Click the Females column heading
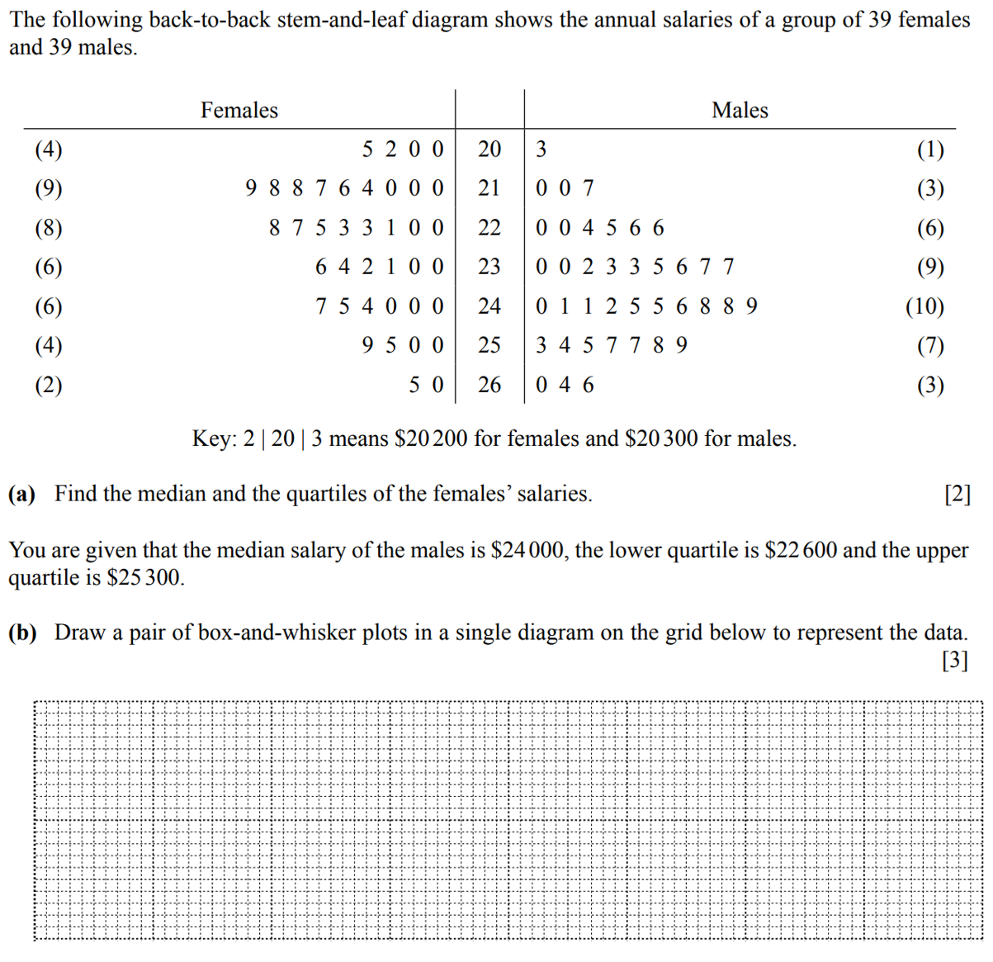[239, 111]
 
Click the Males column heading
[740, 111]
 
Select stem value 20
[489, 149]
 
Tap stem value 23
[489, 267]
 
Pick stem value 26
[489, 385]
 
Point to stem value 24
[489, 306]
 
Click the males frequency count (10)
[924, 306]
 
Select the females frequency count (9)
[49, 189]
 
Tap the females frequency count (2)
[49, 385]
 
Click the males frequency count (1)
[930, 149]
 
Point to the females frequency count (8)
[49, 228]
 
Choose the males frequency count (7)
[930, 345]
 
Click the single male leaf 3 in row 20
[541, 149]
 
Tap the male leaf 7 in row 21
[589, 189]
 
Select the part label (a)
[22, 494]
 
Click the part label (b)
[22, 633]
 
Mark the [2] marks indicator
[957, 494]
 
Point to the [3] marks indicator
[955, 661]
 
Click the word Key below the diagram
[212, 438]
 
